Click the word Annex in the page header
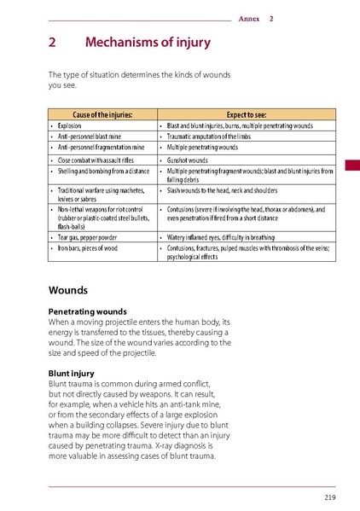click(249, 18)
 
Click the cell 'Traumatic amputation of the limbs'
click(213, 136)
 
